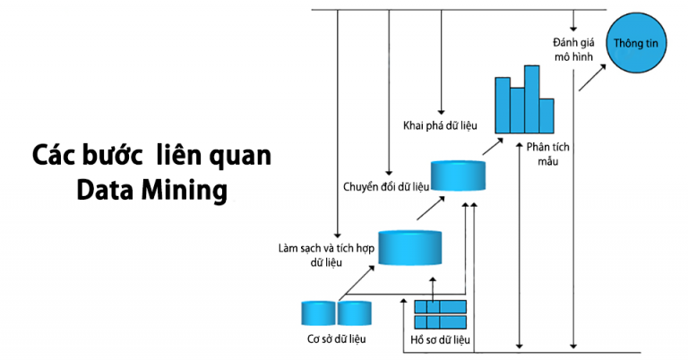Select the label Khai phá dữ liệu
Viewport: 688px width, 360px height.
(439, 124)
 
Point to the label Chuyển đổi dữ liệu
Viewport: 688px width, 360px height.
(386, 186)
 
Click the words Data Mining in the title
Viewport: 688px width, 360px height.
(151, 190)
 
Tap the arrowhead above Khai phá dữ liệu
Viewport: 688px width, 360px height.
(441, 106)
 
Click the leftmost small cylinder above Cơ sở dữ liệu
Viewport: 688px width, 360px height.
(317, 313)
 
